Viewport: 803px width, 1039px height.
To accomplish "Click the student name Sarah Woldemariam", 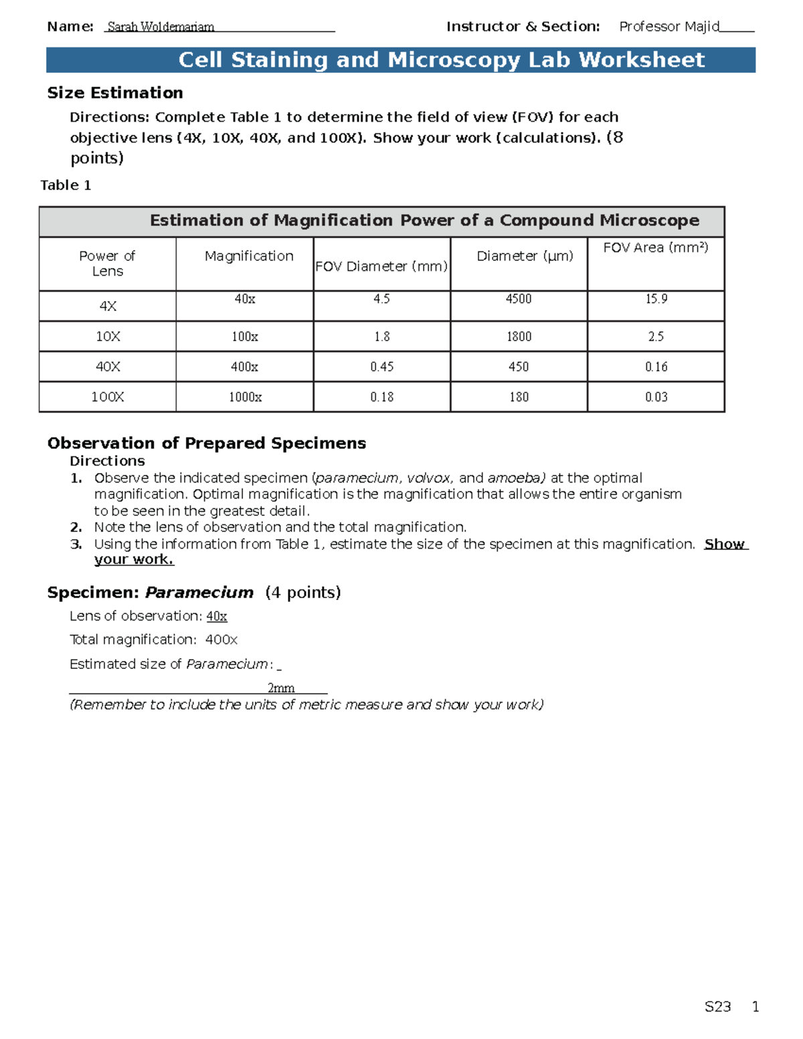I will [x=161, y=27].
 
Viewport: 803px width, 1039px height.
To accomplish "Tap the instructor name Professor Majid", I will [x=668, y=27].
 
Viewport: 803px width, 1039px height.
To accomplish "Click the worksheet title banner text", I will [x=441, y=60].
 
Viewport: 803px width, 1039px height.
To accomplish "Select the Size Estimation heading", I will [x=115, y=93].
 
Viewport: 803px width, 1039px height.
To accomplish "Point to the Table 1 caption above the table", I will [x=66, y=185].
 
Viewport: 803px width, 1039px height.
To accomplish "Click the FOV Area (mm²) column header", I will [x=655, y=248].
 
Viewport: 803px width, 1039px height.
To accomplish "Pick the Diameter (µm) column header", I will [x=525, y=256].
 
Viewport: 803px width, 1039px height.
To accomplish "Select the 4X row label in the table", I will [x=108, y=306].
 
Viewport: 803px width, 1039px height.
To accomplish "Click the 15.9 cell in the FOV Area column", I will [x=656, y=299].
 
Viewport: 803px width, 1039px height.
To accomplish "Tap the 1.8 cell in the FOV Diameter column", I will [x=381, y=337].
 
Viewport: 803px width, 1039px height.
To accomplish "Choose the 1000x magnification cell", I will [x=245, y=397].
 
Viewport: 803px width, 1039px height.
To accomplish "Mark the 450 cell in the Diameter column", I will [x=519, y=367].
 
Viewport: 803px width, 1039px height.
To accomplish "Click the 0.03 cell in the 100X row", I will [x=656, y=397].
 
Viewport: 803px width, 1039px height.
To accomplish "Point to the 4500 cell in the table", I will [x=519, y=299].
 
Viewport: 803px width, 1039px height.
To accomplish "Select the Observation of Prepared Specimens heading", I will [x=207, y=444].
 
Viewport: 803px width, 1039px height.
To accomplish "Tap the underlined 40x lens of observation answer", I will [x=217, y=616].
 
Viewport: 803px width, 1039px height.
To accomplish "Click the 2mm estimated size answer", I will [x=281, y=688].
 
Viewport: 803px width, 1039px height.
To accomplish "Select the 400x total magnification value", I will [x=221, y=640].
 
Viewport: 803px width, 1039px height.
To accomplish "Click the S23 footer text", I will [x=717, y=1007].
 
